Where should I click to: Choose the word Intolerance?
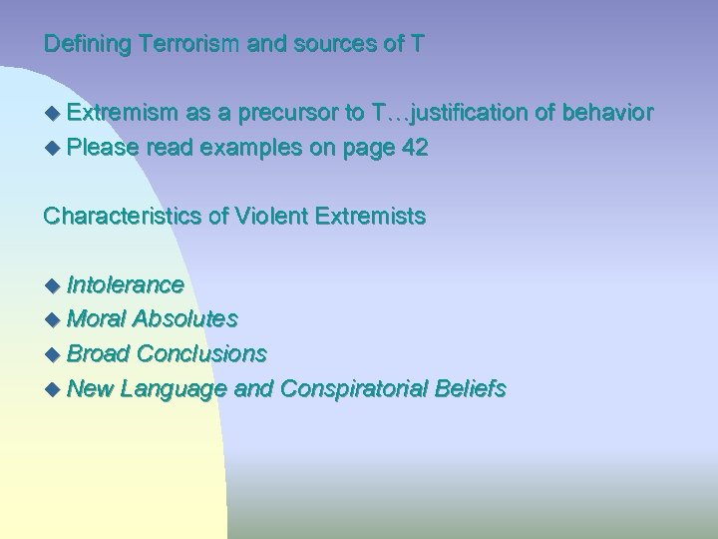tap(125, 285)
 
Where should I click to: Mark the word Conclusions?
tap(201, 353)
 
